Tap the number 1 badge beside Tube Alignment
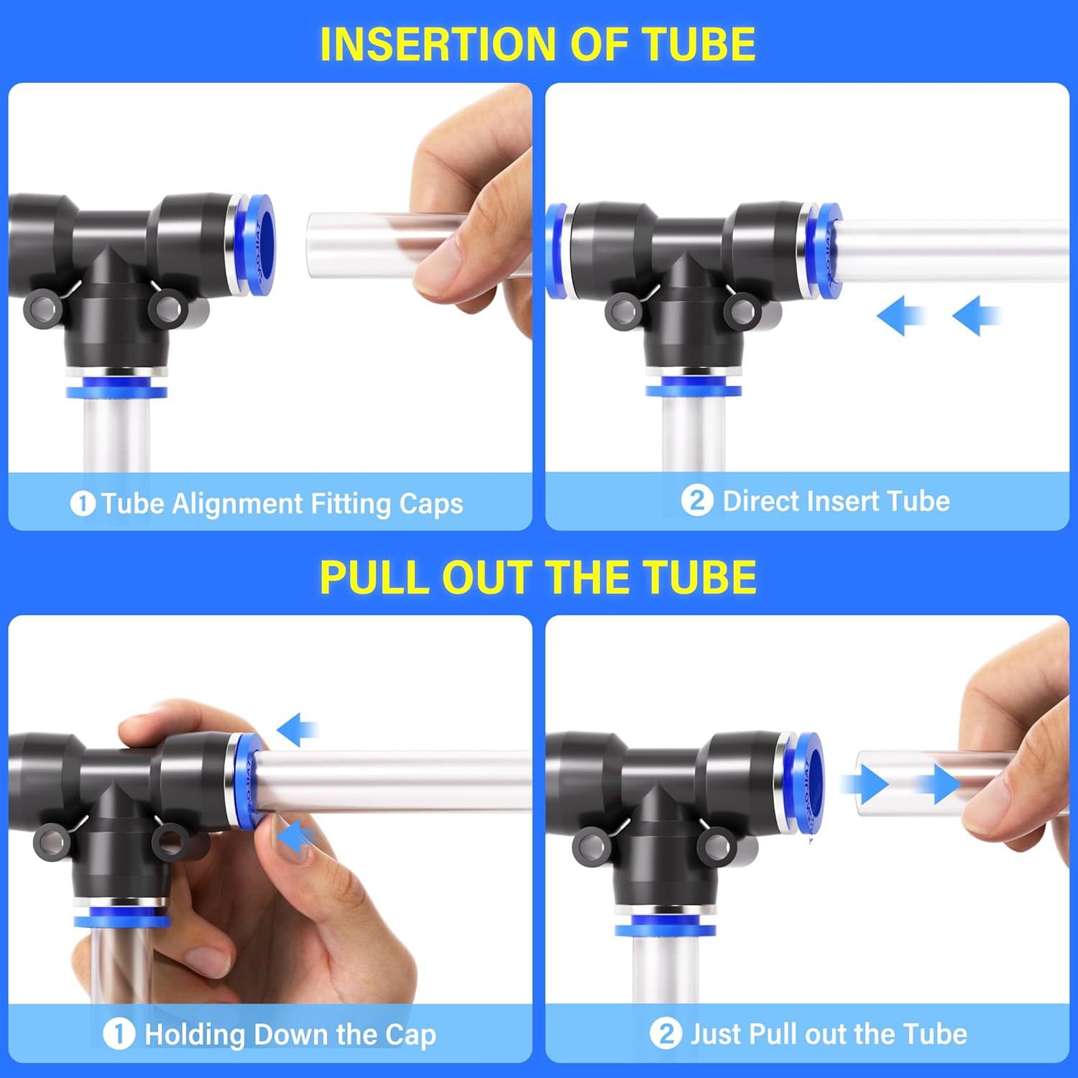pyautogui.click(x=83, y=504)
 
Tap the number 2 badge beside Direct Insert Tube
pyautogui.click(x=696, y=500)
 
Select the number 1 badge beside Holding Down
pyautogui.click(x=119, y=1034)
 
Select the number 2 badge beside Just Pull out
pyautogui.click(x=665, y=1034)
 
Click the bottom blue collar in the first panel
pyautogui.click(x=116, y=392)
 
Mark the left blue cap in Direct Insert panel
pyautogui.click(x=555, y=250)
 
